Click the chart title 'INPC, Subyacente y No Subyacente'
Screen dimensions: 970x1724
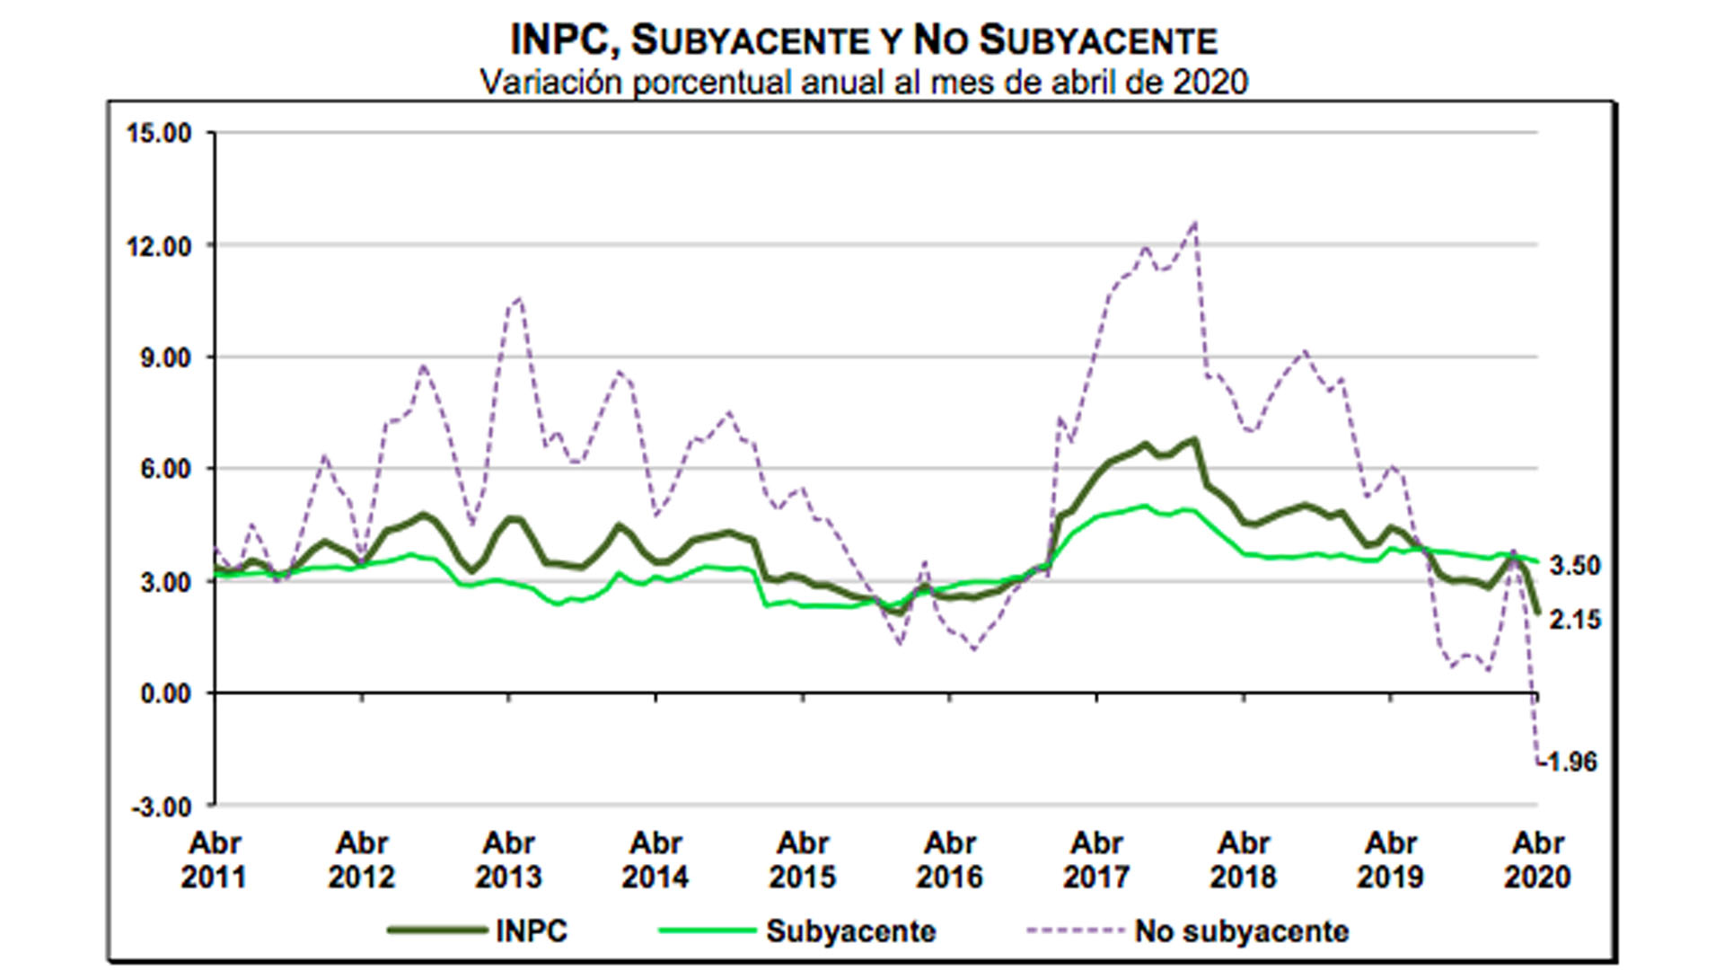tap(863, 40)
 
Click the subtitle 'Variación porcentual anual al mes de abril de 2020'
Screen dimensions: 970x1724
tap(863, 82)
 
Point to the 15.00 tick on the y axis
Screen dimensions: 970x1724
tap(159, 134)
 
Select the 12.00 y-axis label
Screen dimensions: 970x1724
tap(159, 246)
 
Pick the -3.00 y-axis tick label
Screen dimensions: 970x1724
tap(161, 806)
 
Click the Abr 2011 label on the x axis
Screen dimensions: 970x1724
tap(214, 860)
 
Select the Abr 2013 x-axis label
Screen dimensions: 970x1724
tap(508, 860)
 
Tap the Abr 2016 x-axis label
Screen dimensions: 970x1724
tap(949, 860)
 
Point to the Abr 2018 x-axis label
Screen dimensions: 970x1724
tap(1243, 860)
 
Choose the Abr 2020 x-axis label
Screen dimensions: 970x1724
tap(1537, 860)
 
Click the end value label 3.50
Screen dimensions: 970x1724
tap(1575, 566)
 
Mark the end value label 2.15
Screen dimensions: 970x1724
tap(1575, 620)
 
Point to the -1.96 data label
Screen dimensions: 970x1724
tap(1570, 762)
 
